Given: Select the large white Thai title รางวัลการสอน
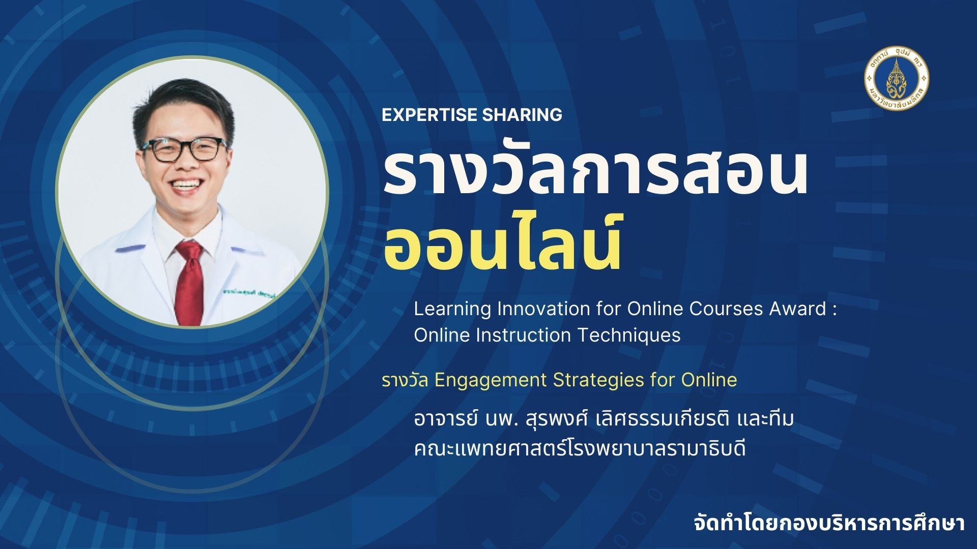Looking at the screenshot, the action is click(x=595, y=173).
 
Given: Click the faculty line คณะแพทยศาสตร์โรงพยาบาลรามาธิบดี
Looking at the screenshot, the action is click(x=580, y=449).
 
